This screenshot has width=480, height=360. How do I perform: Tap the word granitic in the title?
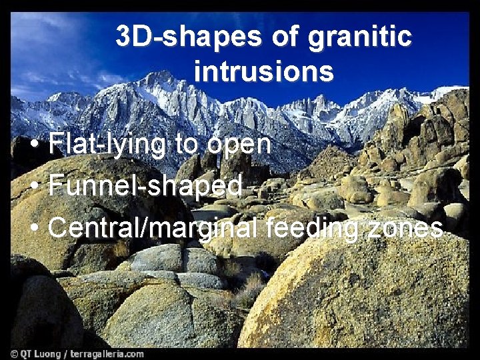pyautogui.click(x=359, y=37)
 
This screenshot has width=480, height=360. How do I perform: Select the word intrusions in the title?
pyautogui.click(x=263, y=71)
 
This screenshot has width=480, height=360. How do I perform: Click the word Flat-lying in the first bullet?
pyautogui.click(x=107, y=144)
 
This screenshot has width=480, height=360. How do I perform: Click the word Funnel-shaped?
pyautogui.click(x=145, y=185)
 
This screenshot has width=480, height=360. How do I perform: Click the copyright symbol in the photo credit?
pyautogui.click(x=15, y=353)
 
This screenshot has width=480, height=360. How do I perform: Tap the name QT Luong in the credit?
pyautogui.click(x=43, y=353)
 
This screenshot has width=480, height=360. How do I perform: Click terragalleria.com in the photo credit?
pyautogui.click(x=109, y=353)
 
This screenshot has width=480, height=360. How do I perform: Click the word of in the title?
pyautogui.click(x=284, y=37)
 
